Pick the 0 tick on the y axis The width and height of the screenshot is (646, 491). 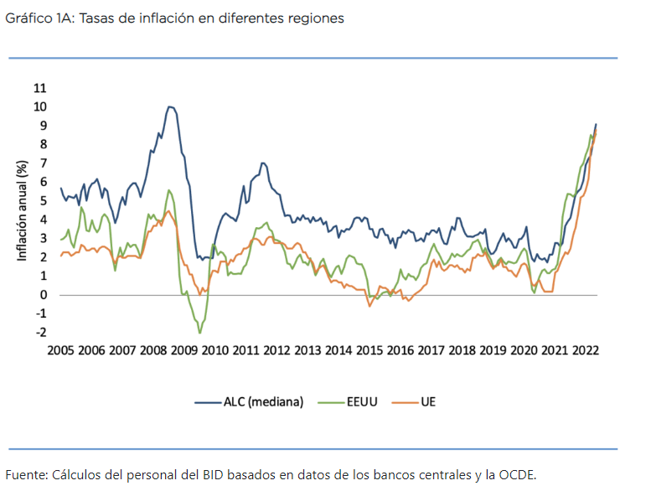pos(42,295)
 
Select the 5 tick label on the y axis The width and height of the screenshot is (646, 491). pos(42,201)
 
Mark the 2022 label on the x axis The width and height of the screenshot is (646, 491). pos(584,350)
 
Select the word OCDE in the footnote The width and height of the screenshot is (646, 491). pos(516,474)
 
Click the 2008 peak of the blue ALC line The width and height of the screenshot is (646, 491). pos(170,106)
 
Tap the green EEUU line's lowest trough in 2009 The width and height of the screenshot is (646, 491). pos(199,333)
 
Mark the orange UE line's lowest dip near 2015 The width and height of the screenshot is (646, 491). pos(369,306)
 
